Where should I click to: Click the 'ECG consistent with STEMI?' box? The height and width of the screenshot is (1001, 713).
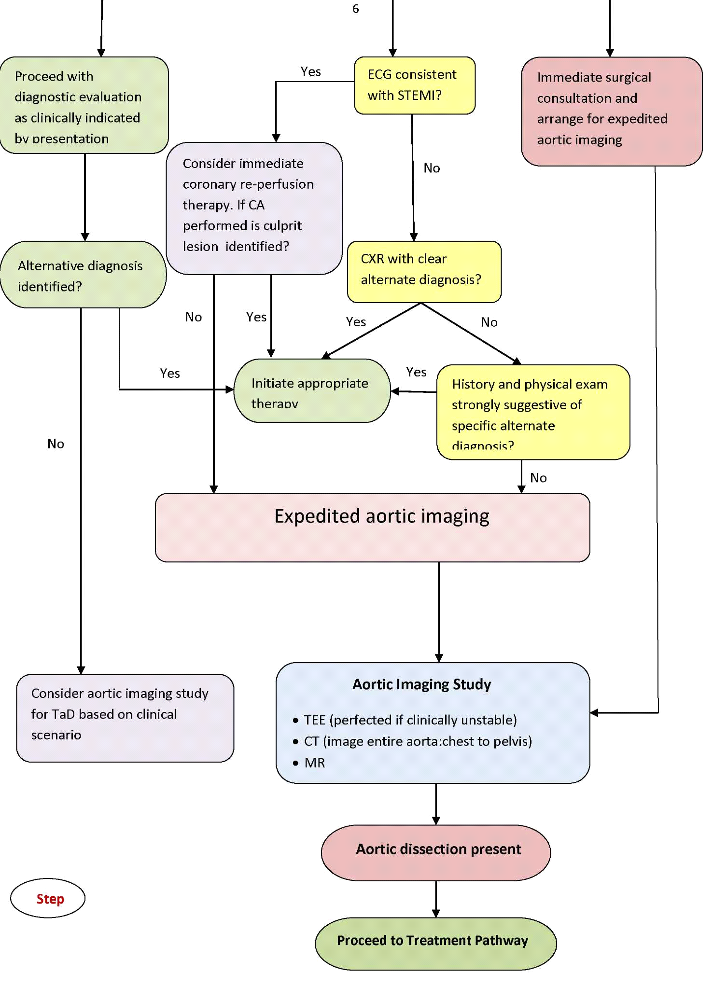pyautogui.click(x=414, y=85)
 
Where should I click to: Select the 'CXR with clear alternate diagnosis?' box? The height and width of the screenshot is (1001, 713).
pyautogui.click(x=424, y=272)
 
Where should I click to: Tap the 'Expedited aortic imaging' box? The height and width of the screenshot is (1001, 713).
pyautogui.click(x=372, y=527)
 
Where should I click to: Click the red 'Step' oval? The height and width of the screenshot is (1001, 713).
pyautogui.click(x=48, y=898)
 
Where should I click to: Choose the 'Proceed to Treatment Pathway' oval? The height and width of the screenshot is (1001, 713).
pyautogui.click(x=435, y=944)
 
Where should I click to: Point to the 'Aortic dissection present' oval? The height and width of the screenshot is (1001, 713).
pyautogui.click(x=435, y=852)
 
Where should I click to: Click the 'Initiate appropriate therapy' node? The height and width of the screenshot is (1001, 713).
pyautogui.click(x=312, y=390)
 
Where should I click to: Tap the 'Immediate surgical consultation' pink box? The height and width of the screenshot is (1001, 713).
pyautogui.click(x=611, y=111)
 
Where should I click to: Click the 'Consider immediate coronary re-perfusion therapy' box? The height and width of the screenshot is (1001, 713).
pyautogui.click(x=254, y=208)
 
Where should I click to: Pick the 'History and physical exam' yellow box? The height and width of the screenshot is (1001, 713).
pyautogui.click(x=533, y=412)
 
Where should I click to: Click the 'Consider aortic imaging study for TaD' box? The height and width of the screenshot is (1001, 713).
pyautogui.click(x=125, y=718)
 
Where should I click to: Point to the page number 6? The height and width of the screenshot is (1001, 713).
pyautogui.click(x=356, y=9)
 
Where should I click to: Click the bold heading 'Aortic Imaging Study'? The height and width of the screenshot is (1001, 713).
pyautogui.click(x=421, y=684)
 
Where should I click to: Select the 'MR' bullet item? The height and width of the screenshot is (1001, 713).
pyautogui.click(x=315, y=763)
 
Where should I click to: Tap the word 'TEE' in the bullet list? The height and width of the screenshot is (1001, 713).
pyautogui.click(x=314, y=720)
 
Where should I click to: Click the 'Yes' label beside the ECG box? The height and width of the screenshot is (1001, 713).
pyautogui.click(x=311, y=72)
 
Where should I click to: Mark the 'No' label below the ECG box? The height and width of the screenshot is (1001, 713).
pyautogui.click(x=432, y=168)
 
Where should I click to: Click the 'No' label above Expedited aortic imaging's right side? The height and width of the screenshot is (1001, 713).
pyautogui.click(x=538, y=478)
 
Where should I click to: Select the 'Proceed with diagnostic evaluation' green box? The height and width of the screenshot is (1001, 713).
pyautogui.click(x=84, y=105)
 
